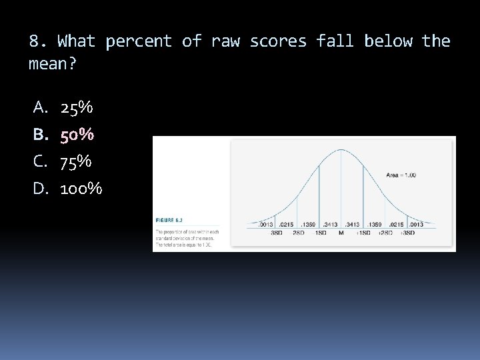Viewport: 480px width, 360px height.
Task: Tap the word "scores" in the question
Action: tap(278, 41)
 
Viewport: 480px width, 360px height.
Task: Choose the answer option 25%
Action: tap(77, 107)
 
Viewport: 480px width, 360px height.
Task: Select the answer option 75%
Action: tap(77, 162)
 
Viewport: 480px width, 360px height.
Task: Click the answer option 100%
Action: tap(81, 189)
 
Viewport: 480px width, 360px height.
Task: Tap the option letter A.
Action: tap(39, 107)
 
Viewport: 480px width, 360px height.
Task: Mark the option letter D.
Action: tap(39, 189)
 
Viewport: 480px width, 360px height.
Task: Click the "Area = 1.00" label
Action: tap(401, 175)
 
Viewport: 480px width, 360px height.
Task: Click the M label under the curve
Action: tap(341, 233)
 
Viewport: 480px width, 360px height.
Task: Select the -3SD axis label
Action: tap(275, 233)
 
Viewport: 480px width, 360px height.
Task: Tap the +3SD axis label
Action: tap(407, 233)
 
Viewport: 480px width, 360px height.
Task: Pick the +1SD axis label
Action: tap(363, 233)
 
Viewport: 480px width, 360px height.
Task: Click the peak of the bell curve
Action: tap(341, 150)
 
